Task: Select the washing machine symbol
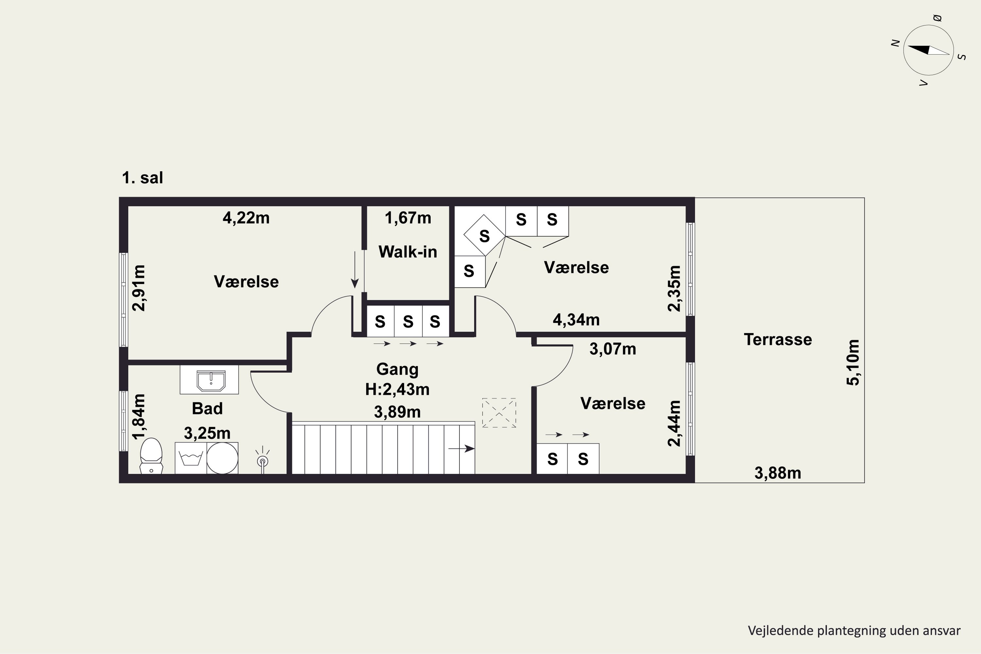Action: (191, 458)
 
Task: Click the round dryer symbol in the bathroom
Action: (222, 458)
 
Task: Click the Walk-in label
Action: (407, 252)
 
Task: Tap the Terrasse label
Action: (778, 339)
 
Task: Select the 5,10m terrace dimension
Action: (852, 362)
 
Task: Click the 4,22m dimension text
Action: (246, 218)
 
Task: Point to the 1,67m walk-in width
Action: (407, 218)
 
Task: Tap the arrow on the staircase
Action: (461, 449)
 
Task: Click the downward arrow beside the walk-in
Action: (354, 269)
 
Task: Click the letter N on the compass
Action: (895, 43)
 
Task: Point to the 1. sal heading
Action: (142, 178)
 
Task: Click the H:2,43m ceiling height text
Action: (397, 389)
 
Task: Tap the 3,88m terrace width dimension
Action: (778, 473)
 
